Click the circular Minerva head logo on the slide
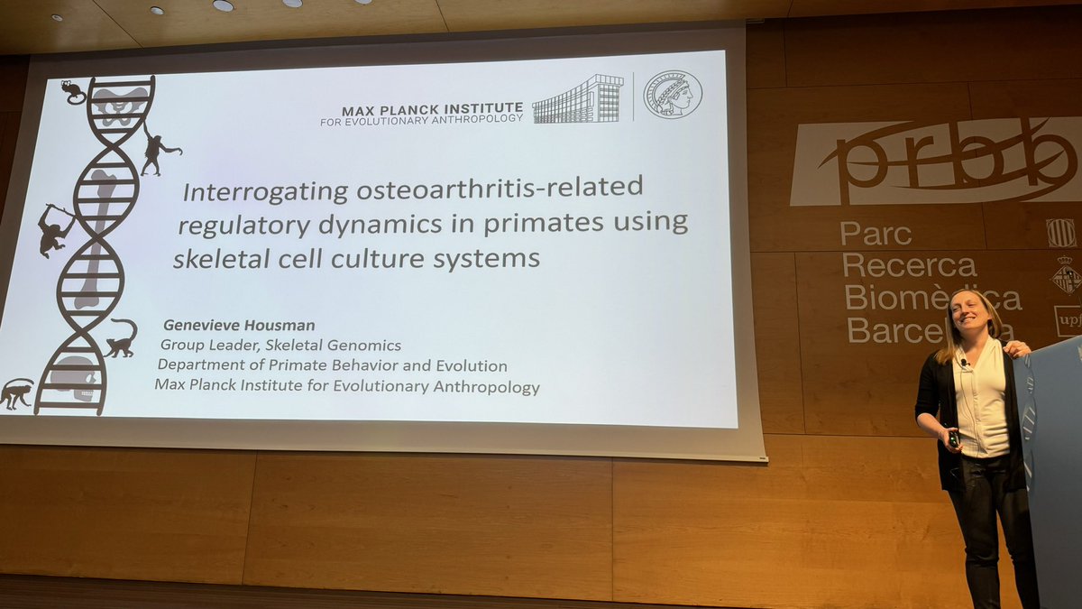(672, 94)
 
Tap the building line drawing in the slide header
(577, 99)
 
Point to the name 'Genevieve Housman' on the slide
(225, 326)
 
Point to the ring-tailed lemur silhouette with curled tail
(122, 339)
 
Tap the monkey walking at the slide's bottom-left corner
(16, 392)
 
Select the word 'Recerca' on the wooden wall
(909, 266)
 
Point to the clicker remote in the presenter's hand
(952, 438)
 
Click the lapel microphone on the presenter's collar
(964, 363)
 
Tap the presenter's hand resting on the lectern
(1018, 347)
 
